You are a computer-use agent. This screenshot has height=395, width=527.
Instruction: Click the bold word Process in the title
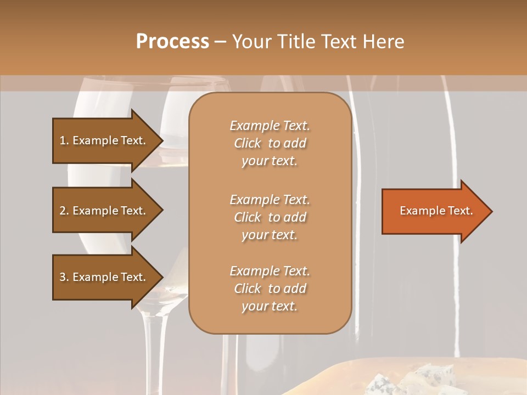point(172,42)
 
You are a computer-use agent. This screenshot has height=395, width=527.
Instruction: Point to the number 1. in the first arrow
point(64,140)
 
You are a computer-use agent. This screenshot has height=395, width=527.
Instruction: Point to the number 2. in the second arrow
point(64,211)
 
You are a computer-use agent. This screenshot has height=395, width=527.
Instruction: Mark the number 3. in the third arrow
point(64,277)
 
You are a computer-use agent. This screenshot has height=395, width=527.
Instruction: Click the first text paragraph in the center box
point(270,143)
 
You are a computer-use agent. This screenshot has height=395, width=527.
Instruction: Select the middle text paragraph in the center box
point(270,217)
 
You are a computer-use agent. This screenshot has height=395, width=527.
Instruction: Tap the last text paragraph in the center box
point(270,289)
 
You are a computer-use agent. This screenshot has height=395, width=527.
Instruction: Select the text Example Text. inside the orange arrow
point(436,211)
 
